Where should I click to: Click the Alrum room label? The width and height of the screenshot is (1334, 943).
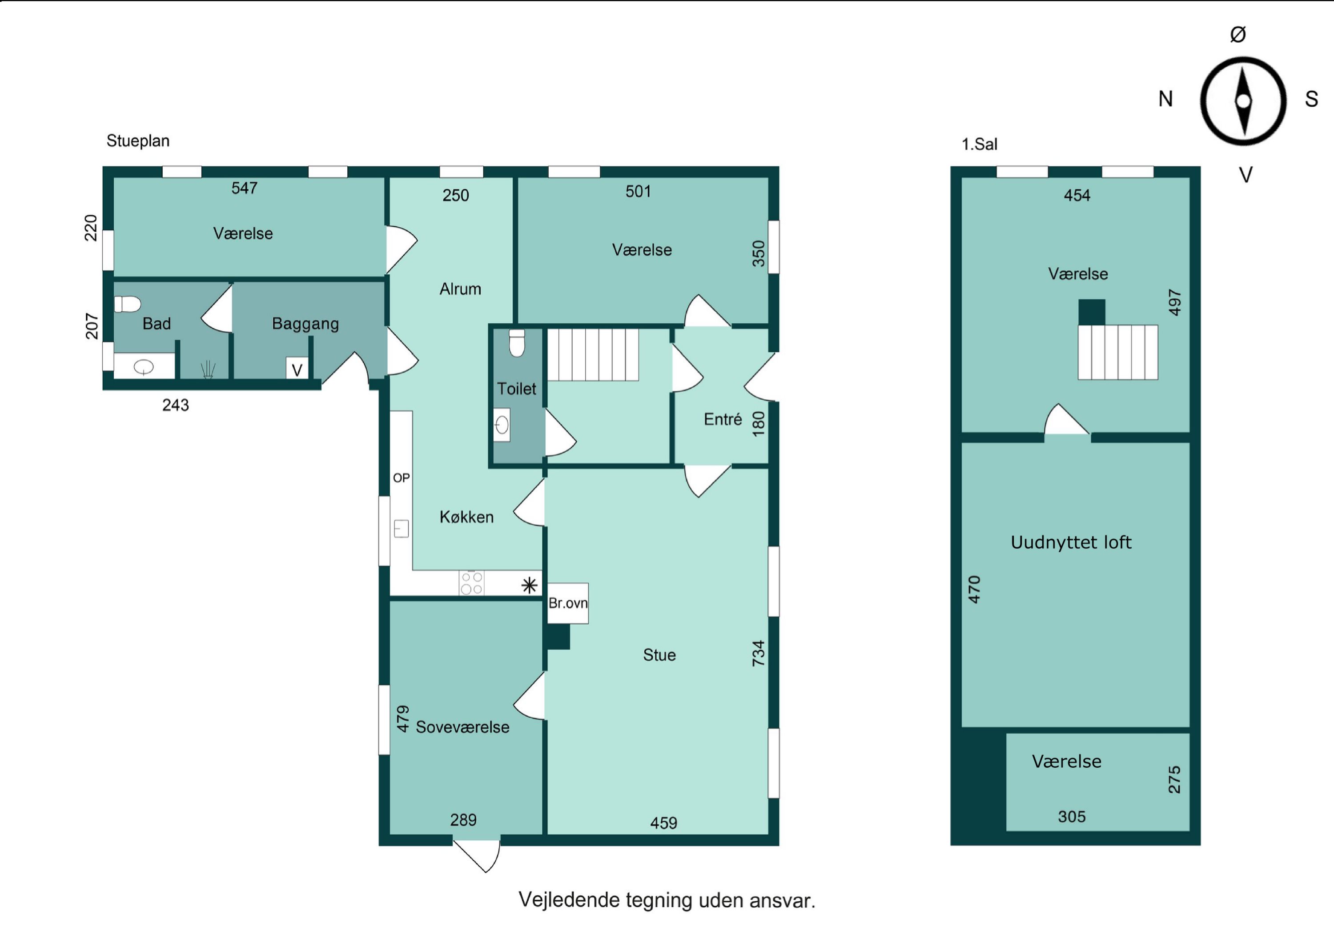click(x=460, y=289)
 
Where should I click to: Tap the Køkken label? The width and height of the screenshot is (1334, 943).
click(x=466, y=517)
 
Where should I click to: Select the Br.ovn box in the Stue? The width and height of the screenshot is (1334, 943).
click(x=568, y=603)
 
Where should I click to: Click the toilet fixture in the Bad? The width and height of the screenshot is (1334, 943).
click(x=128, y=304)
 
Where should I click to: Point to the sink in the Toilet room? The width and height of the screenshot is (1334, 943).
click(x=502, y=425)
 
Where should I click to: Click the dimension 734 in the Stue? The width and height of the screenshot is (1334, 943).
click(x=758, y=653)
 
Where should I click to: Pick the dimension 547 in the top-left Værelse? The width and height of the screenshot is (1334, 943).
click(x=244, y=188)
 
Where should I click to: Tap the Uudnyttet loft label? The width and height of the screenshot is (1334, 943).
click(x=1071, y=542)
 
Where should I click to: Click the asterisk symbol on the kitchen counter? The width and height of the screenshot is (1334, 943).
click(x=529, y=585)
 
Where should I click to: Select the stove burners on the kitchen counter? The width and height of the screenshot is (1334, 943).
click(x=472, y=583)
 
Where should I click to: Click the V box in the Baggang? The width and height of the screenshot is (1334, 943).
click(x=297, y=369)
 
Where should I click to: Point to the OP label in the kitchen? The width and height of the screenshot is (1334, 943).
click(x=402, y=478)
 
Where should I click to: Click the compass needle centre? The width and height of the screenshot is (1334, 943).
click(x=1243, y=101)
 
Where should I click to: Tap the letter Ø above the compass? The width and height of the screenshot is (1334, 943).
click(x=1238, y=34)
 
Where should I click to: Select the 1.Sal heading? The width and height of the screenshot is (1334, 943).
click(x=980, y=144)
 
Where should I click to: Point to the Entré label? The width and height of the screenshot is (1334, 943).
click(x=723, y=419)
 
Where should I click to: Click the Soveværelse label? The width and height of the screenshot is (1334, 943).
click(x=462, y=727)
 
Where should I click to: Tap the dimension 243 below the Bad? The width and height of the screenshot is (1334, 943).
click(x=176, y=405)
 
